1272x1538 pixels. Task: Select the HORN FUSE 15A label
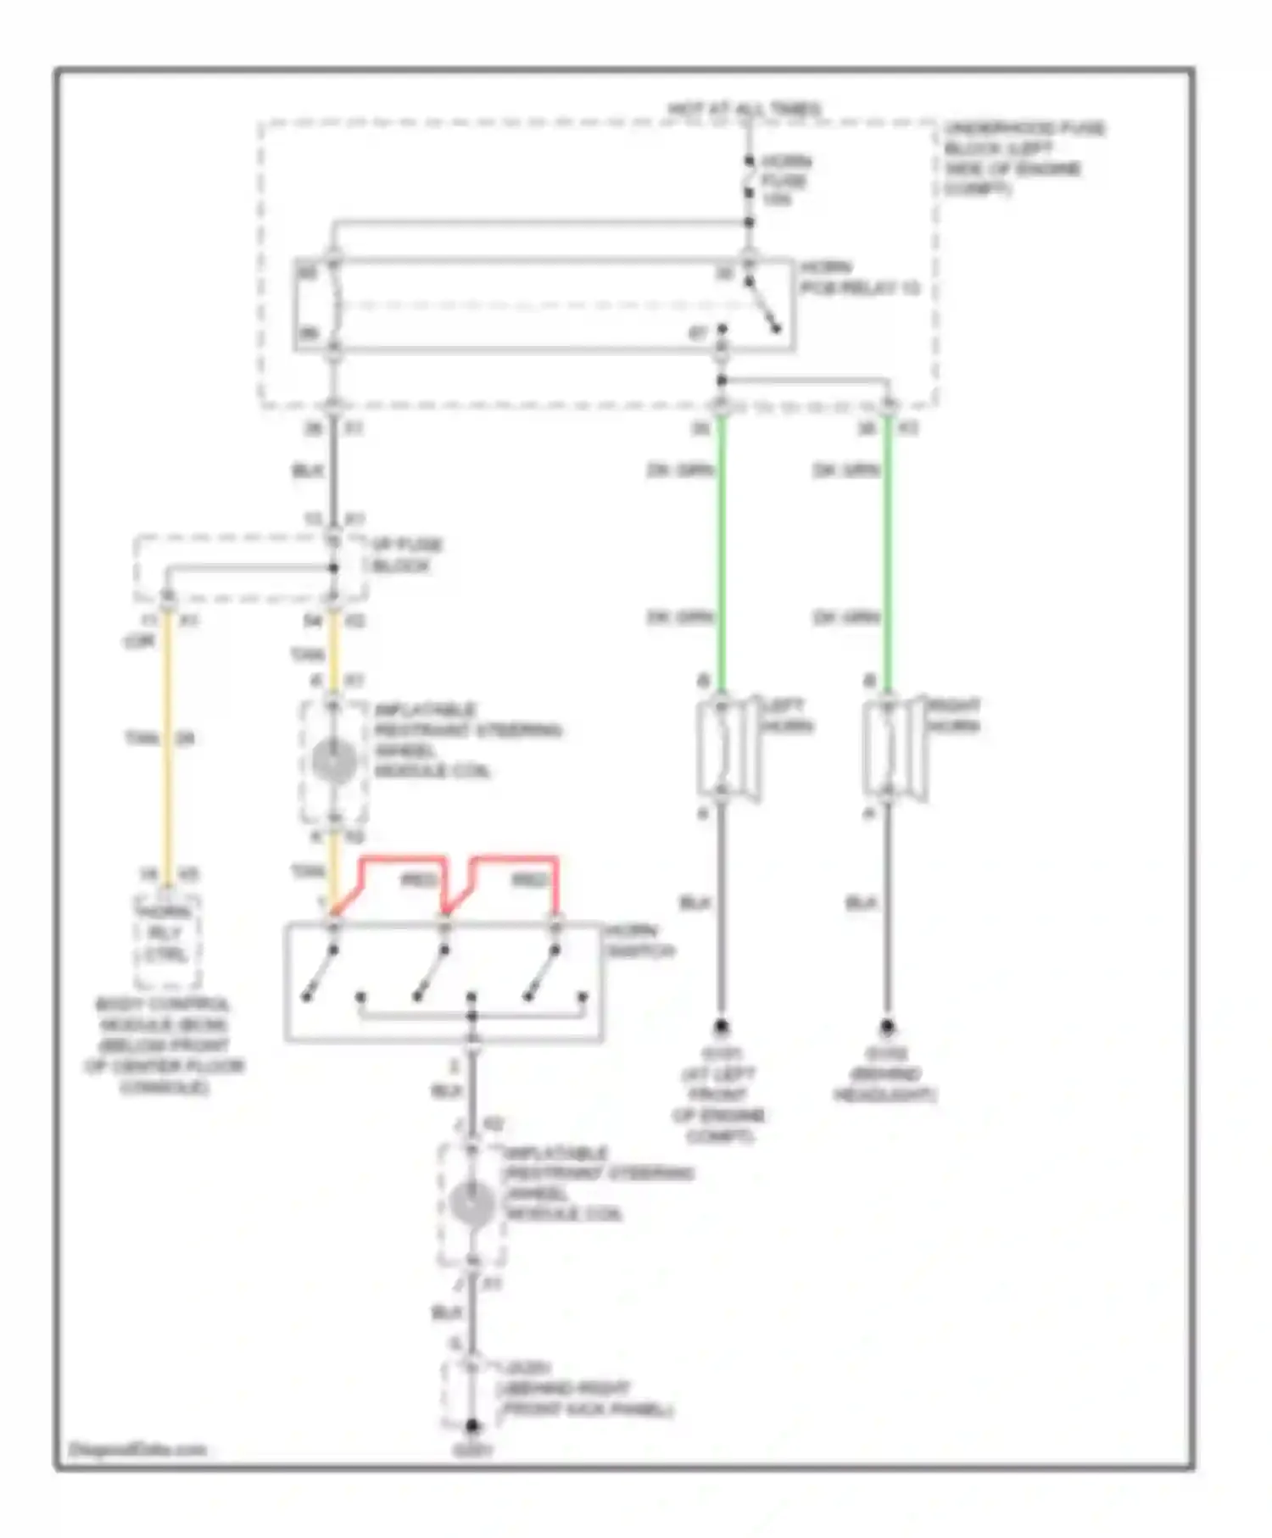click(x=785, y=181)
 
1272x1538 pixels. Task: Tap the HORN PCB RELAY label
click(x=858, y=278)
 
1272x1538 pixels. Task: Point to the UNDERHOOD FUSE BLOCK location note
click(x=1024, y=159)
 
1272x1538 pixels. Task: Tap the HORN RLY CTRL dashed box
click(x=166, y=942)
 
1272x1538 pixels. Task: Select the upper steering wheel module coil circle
click(x=334, y=760)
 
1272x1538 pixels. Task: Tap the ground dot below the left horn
click(x=721, y=1027)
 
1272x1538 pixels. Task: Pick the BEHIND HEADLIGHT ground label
click(x=885, y=1075)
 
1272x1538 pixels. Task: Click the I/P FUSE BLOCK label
click(x=406, y=555)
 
